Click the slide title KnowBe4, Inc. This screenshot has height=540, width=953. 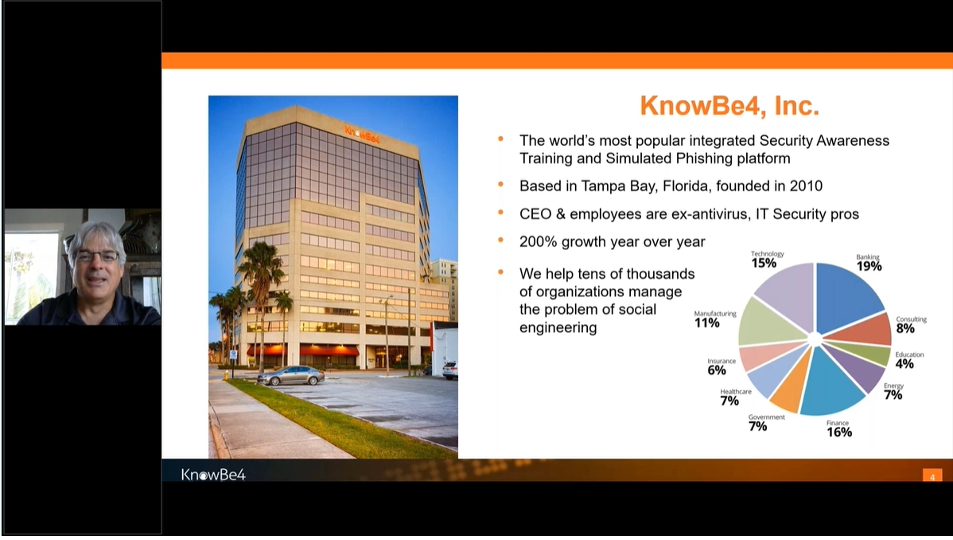729,106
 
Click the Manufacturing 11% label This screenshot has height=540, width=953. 714,319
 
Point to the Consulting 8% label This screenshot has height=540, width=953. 911,324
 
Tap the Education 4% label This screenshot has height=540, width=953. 908,360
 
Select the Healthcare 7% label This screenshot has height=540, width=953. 735,397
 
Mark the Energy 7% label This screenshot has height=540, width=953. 893,391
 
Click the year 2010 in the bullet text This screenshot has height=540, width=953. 806,186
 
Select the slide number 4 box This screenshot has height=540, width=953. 932,475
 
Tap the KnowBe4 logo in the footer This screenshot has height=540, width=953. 213,475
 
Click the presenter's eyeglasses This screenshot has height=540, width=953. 96,257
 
